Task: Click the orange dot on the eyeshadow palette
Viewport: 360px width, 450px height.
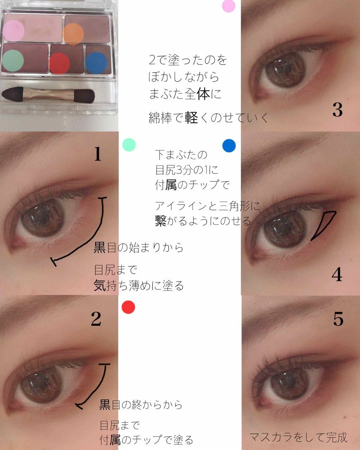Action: [73, 34]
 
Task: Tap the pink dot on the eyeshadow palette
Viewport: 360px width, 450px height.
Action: [14, 30]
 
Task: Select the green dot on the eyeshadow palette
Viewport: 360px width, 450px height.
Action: [13, 60]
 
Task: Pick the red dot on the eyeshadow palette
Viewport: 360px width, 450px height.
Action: [59, 63]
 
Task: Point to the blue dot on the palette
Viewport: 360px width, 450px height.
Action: [96, 63]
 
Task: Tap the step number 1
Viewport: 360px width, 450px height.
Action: [98, 154]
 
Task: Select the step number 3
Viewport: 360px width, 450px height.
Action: [337, 110]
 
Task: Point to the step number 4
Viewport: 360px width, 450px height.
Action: [337, 274]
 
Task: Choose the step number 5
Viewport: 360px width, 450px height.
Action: [338, 319]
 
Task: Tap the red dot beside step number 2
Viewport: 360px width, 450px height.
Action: [128, 307]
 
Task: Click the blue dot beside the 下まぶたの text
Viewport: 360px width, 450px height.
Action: [229, 146]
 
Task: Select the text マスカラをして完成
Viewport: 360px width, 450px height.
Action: [298, 437]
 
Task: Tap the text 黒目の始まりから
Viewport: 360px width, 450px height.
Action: [139, 248]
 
